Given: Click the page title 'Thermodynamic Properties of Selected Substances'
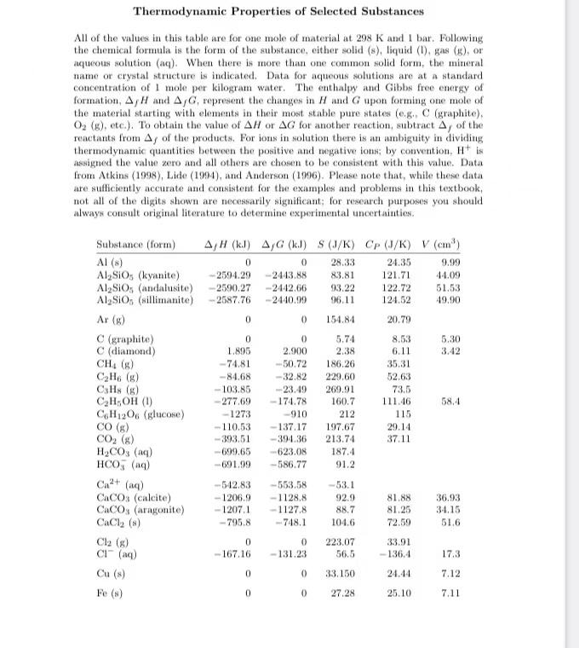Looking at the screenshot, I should point(278,11).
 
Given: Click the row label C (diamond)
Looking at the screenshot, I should point(126,350).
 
